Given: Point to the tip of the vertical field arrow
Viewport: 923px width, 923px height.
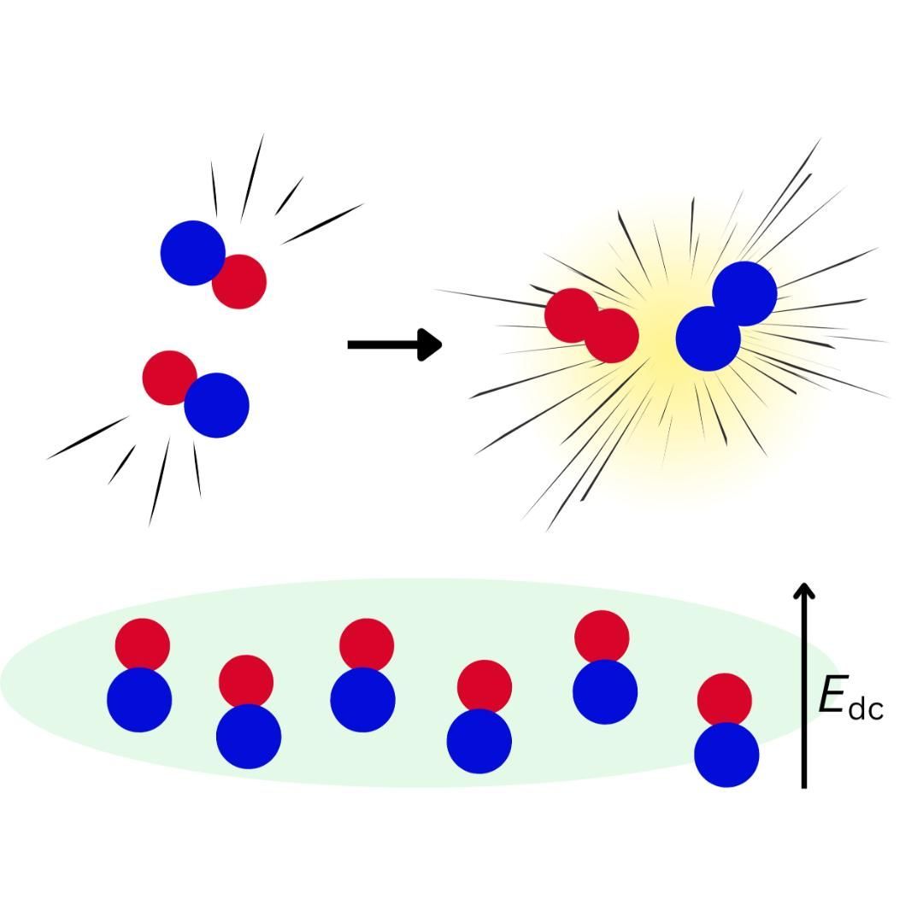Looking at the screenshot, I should (803, 588).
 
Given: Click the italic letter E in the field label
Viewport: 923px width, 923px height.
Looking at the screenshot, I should (832, 696).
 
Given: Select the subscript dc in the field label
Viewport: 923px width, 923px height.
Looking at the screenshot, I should (866, 709).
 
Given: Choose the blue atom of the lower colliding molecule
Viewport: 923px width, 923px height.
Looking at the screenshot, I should (217, 406).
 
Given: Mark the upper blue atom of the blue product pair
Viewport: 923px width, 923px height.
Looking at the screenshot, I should (745, 293).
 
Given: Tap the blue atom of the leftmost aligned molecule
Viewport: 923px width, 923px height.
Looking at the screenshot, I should (139, 700).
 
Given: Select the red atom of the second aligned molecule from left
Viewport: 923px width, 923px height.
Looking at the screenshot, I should (246, 680).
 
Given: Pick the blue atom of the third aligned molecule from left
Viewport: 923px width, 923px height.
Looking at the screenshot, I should (362, 700).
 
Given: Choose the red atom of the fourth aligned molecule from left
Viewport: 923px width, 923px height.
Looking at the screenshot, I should (485, 685).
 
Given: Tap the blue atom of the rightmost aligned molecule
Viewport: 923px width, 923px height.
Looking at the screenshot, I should (726, 755).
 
